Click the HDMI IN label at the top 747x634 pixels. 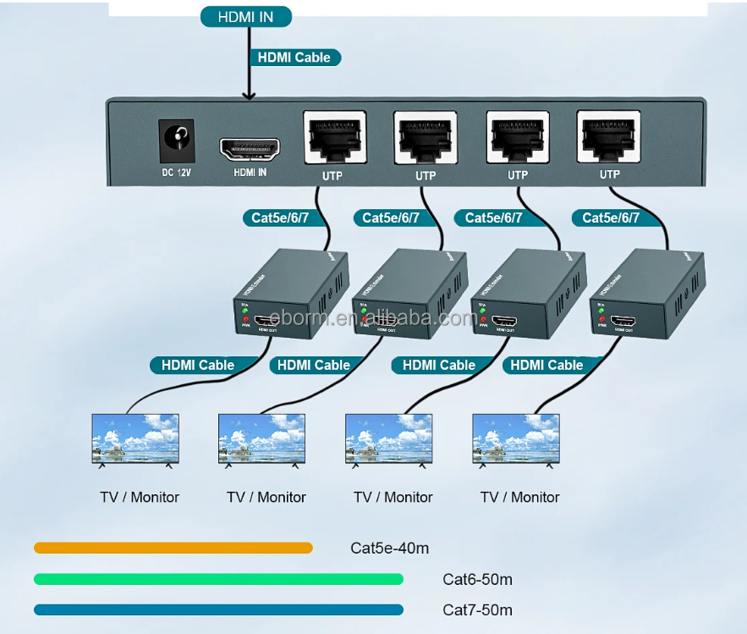point(246,16)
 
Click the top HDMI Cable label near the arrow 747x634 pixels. point(294,58)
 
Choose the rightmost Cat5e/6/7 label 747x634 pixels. point(611,218)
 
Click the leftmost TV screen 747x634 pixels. point(135,438)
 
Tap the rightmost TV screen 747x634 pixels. point(516,438)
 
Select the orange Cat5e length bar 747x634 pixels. point(173,548)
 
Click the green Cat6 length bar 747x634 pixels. point(218,579)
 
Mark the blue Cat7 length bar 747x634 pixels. point(218,609)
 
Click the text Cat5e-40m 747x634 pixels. point(389,549)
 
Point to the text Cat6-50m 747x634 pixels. point(477,580)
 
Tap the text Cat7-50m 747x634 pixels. point(477,610)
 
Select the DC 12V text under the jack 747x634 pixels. point(176,173)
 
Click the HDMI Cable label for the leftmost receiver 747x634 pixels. point(198,365)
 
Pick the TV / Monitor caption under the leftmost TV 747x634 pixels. point(140,497)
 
